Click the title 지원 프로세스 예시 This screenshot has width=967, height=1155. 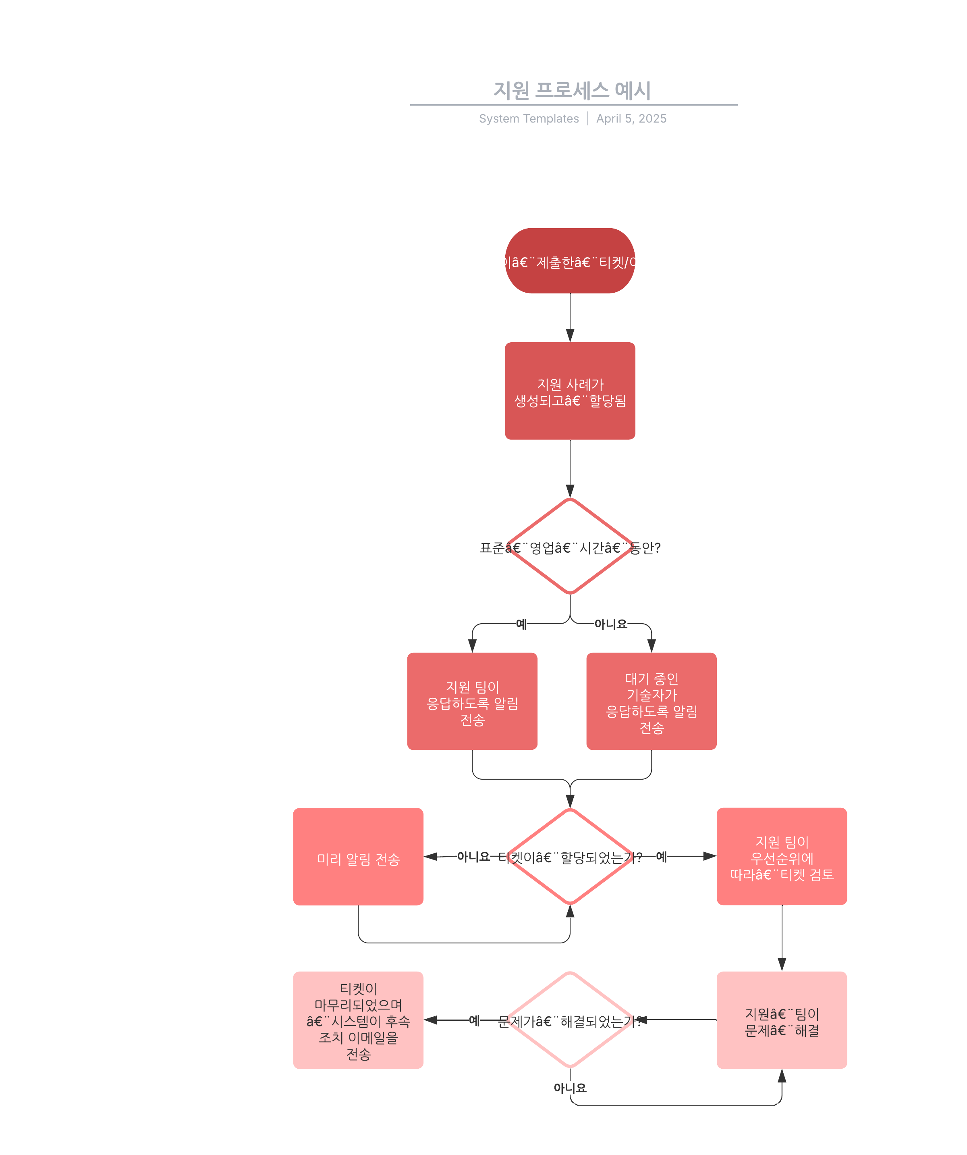tap(571, 90)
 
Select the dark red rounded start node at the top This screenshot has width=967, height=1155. tap(570, 261)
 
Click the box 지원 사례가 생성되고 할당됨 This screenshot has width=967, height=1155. tap(570, 391)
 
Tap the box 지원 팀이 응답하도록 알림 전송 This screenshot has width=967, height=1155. tap(472, 701)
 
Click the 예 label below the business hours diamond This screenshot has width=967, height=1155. tap(521, 624)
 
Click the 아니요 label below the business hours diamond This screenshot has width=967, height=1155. tap(610, 624)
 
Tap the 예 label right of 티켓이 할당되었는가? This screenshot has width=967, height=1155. tap(661, 856)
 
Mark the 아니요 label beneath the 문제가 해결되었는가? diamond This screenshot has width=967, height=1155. tap(570, 1088)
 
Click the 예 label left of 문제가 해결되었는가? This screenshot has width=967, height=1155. tap(474, 1020)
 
